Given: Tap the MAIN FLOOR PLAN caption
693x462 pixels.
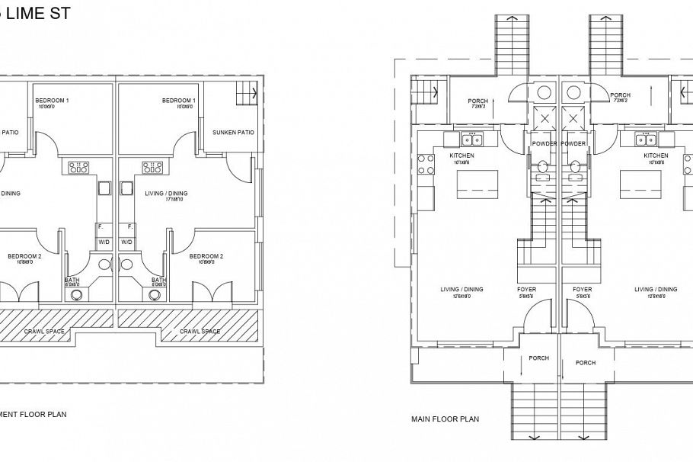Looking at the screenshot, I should (x=445, y=419).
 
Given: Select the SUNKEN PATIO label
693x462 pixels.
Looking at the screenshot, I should (x=233, y=132).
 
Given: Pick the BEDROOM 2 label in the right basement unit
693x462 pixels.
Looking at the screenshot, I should (x=206, y=256).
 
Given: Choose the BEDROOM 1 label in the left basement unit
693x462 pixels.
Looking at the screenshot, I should (x=52, y=101).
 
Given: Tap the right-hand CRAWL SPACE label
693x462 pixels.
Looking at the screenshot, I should (x=200, y=332).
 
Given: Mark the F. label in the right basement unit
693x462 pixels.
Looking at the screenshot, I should (x=129, y=226).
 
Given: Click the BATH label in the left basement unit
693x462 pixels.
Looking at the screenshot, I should (x=72, y=280).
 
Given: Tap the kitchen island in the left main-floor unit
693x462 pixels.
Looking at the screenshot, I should (x=477, y=184).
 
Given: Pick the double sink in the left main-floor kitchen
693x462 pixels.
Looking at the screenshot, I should (x=473, y=140).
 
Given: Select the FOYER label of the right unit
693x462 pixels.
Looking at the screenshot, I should (x=582, y=290).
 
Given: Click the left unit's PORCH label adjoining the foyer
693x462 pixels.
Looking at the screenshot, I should (x=538, y=358).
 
